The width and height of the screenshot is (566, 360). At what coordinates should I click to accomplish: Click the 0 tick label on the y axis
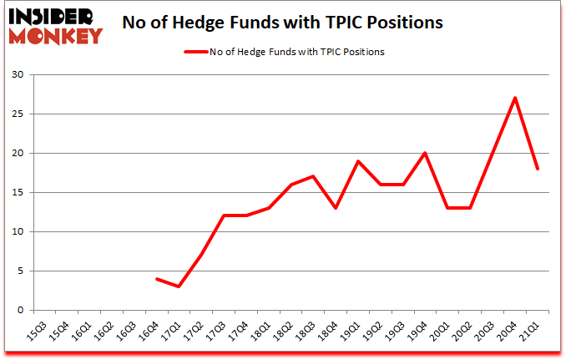pos(20,311)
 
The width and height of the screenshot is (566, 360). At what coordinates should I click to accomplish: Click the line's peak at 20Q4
pos(516,98)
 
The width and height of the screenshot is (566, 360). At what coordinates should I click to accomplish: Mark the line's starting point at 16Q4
pos(156,279)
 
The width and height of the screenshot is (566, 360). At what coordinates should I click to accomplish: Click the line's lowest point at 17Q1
pos(179,286)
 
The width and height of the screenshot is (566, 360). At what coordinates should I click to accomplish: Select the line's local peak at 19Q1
pos(358,161)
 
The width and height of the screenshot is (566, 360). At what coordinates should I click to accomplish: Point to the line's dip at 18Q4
pos(336,208)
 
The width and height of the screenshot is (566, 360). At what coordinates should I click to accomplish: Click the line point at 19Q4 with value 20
pos(426,153)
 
